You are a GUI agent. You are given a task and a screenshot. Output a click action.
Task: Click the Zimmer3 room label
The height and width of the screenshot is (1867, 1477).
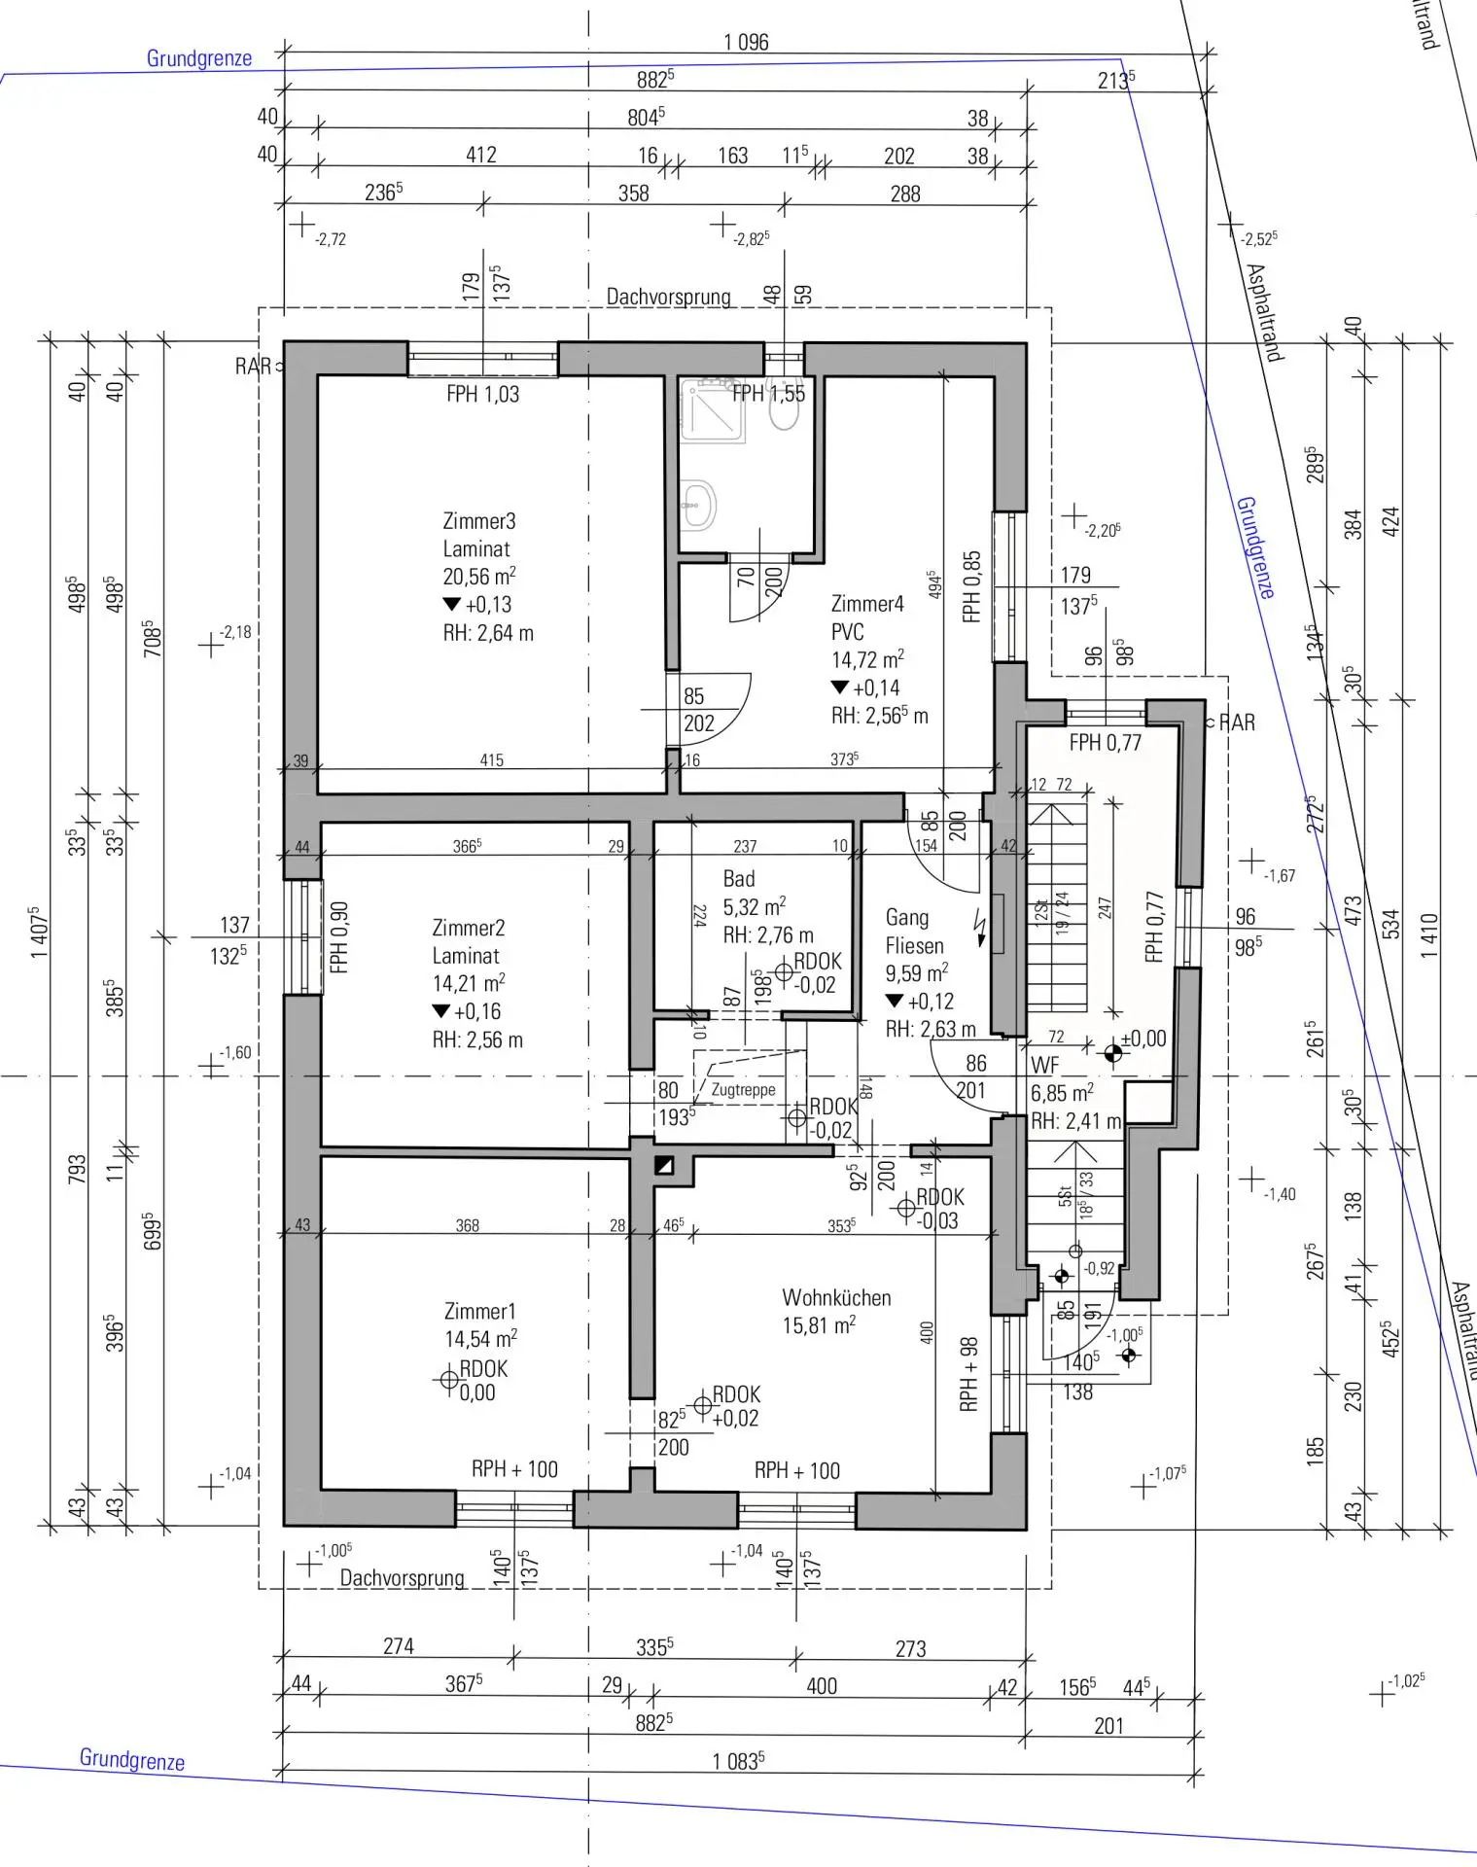coord(478,521)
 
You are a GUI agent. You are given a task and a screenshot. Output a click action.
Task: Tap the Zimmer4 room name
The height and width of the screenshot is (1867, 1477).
coord(866,604)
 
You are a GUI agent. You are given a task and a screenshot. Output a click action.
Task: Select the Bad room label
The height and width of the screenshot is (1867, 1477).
coord(739,879)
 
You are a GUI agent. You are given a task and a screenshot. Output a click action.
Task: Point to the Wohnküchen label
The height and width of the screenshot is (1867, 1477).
coord(836,1297)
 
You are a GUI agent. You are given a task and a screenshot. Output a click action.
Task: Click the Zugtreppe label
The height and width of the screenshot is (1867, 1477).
coord(743,1089)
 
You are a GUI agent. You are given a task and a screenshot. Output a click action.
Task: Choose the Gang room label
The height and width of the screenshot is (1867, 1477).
coord(906,917)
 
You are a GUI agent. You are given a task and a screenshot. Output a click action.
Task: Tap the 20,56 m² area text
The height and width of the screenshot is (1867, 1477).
coord(478,576)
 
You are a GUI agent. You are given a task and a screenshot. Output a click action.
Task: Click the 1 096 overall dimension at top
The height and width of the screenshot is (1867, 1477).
coord(746,42)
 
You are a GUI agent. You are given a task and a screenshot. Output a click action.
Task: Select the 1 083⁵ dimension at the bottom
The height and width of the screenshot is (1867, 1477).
coord(738,1761)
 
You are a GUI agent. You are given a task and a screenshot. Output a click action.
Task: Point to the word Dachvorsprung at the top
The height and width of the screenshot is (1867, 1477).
coord(668,297)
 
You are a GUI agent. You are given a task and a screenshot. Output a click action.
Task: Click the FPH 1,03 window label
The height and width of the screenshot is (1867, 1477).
coord(482,394)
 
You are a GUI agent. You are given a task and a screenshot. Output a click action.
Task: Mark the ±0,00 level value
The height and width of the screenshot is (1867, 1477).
coord(1143,1038)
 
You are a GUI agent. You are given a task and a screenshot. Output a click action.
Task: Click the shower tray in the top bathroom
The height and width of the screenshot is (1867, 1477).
coord(713,410)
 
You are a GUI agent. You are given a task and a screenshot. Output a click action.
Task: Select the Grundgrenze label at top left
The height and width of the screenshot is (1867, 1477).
coord(198,58)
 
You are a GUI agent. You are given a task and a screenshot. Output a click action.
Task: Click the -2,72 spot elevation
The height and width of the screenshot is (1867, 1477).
coord(330,239)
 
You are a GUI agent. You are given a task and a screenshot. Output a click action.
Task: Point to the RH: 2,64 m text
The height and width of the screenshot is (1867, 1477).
coord(488,633)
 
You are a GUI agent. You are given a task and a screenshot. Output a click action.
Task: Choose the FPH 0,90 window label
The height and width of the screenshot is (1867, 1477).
coord(338,937)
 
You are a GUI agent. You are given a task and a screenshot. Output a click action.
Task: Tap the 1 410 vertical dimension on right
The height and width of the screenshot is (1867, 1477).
coord(1428,935)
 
